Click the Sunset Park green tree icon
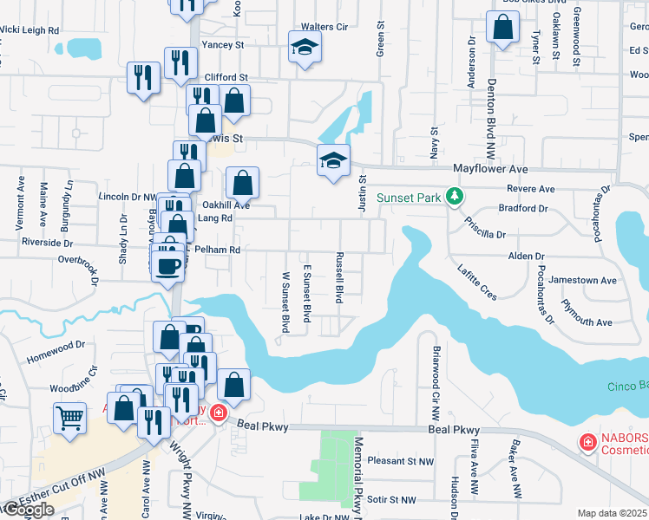click(x=453, y=198)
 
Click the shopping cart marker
click(x=70, y=418)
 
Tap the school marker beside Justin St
click(x=333, y=162)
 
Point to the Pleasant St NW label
click(x=401, y=462)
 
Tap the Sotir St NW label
click(x=391, y=500)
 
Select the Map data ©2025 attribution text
click(x=613, y=513)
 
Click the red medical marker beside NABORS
click(x=587, y=443)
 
